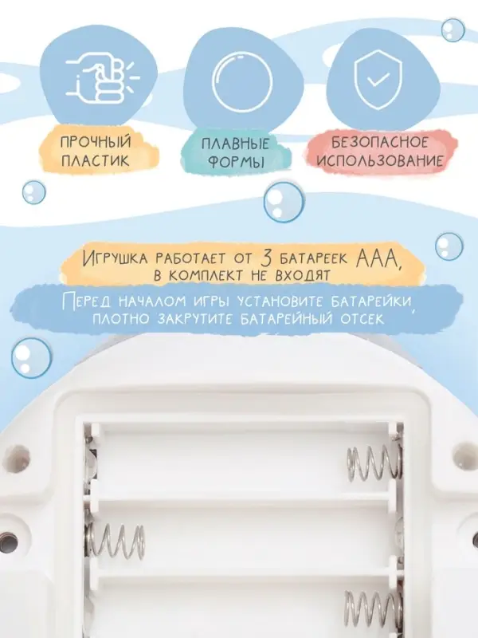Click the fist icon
point(102,79)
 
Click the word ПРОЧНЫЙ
point(96,142)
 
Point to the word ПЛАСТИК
point(96,160)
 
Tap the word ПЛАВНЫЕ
point(236,144)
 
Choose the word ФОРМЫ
point(236,162)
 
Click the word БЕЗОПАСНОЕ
point(380,142)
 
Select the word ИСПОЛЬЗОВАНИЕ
point(380,160)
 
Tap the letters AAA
point(377,257)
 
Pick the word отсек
point(362,318)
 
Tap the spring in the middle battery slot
point(116,541)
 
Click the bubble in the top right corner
point(453,30)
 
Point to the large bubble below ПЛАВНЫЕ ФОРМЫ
point(284,203)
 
